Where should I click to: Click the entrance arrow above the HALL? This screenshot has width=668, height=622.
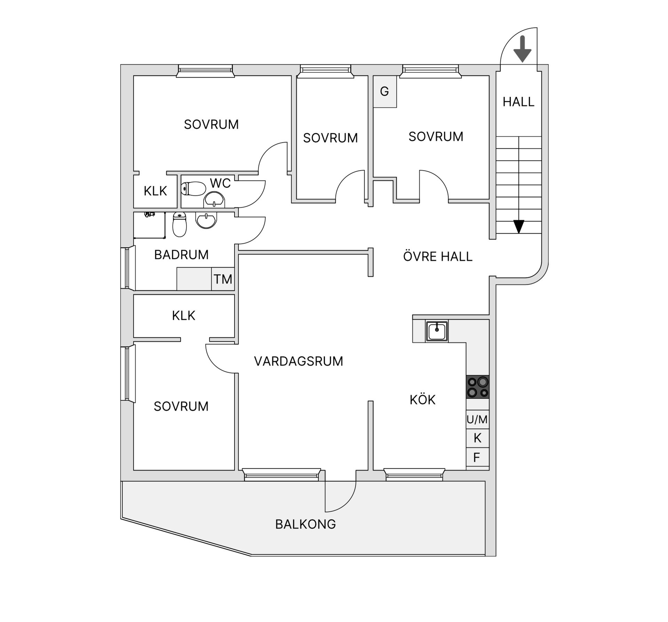(x=522, y=49)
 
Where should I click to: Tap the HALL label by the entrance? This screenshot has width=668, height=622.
(x=518, y=102)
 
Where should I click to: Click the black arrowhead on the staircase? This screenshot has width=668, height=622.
(x=519, y=227)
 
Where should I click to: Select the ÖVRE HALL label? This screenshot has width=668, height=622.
(x=438, y=257)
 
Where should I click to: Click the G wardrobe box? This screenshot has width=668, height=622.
(x=384, y=92)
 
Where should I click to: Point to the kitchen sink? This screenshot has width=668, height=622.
(x=437, y=331)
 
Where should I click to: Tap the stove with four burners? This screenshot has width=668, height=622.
(x=478, y=387)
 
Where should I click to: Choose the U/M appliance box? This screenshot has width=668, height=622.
(x=477, y=419)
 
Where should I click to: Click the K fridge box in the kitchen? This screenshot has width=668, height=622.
(x=477, y=438)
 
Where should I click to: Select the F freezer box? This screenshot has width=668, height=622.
(x=477, y=457)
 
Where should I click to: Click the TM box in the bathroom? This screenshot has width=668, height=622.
(x=223, y=279)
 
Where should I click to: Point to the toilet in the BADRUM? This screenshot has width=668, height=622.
(x=180, y=225)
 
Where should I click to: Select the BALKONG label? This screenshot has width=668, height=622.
(x=305, y=524)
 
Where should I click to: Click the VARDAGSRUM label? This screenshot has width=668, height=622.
(x=299, y=361)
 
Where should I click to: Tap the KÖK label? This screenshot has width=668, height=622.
(x=422, y=400)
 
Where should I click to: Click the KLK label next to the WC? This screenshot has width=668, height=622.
(x=155, y=191)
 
